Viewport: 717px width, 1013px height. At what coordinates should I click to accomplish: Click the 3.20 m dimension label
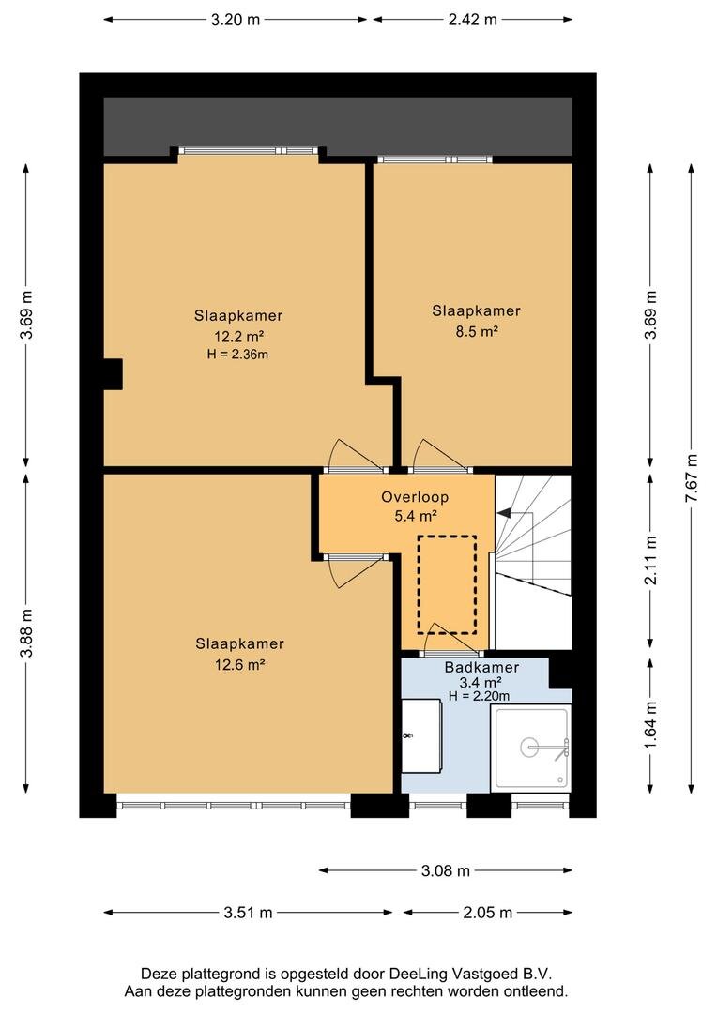(236, 20)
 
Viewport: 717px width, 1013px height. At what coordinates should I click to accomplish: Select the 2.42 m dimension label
(473, 20)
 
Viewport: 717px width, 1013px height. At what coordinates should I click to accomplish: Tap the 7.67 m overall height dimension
(692, 478)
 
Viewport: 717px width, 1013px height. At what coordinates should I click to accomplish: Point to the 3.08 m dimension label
(446, 870)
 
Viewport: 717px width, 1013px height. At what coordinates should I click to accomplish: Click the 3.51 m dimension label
(249, 913)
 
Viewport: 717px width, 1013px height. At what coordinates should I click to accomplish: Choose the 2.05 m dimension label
(487, 913)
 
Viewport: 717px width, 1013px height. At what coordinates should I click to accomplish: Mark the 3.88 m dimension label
(26, 632)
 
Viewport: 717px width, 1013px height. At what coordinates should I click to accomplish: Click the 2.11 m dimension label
(650, 561)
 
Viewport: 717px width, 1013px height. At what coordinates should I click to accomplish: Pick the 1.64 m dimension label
(650, 725)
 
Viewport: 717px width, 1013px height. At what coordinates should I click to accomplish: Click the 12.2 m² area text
(238, 336)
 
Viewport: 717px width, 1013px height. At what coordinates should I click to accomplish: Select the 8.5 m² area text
(477, 331)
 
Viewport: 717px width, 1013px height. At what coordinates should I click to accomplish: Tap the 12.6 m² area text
(240, 664)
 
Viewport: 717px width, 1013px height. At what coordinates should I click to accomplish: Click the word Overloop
(415, 497)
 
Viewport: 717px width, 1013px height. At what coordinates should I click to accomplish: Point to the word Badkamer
(481, 668)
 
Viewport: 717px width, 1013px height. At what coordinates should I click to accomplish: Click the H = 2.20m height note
(479, 696)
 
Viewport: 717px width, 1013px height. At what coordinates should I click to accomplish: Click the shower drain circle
(529, 748)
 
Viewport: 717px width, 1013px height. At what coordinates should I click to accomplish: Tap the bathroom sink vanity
(421, 736)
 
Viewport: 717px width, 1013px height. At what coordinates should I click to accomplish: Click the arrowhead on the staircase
(502, 513)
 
